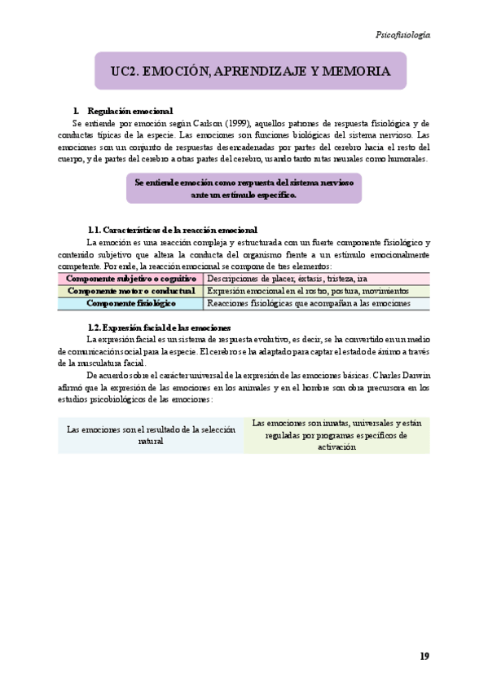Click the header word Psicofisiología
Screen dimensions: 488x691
pos(402,35)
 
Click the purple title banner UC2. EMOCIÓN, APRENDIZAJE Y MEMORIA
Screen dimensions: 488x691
pos(250,72)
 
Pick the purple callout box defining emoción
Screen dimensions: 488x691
pos(244,188)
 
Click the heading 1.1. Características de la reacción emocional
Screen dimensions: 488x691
pos(172,231)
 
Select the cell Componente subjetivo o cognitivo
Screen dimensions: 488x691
pos(130,278)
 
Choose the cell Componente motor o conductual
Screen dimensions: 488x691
pos(130,290)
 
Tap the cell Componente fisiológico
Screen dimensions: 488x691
pos(130,303)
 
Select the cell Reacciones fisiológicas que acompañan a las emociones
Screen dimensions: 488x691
pos(307,303)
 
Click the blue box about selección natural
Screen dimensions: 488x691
pos(151,434)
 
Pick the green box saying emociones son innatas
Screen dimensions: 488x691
pos(336,434)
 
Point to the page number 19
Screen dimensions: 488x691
pos(424,656)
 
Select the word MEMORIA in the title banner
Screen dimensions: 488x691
pos(356,72)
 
